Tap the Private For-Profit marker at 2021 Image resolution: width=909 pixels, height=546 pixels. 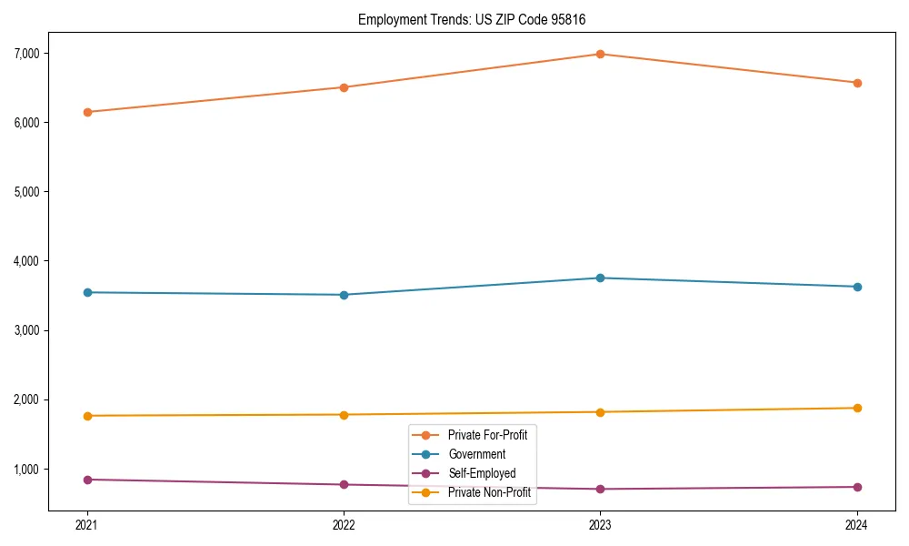[x=87, y=112]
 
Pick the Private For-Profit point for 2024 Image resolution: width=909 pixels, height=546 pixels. [x=857, y=83]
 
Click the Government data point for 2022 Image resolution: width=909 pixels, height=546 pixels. [x=344, y=295]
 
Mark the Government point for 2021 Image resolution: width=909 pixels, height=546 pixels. [x=87, y=292]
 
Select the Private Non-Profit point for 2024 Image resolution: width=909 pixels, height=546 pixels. [x=857, y=408]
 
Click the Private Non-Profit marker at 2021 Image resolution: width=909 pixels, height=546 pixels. [x=87, y=416]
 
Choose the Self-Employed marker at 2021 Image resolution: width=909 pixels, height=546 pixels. [x=87, y=480]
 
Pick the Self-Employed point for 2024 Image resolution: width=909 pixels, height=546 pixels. [x=857, y=487]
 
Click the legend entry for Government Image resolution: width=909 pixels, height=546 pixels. [x=476, y=454]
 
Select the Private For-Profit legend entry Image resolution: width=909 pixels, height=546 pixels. [x=487, y=435]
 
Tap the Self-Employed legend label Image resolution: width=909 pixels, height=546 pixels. [x=482, y=473]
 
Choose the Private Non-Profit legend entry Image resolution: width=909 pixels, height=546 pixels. [x=489, y=492]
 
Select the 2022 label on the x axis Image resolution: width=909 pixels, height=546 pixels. [x=344, y=525]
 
